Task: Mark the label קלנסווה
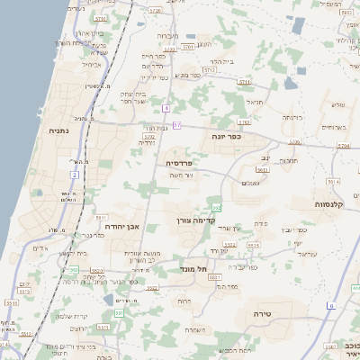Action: pyautogui.click(x=334, y=205)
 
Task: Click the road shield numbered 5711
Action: pyautogui.click(x=244, y=82)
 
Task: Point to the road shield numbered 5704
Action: pyautogui.click(x=156, y=11)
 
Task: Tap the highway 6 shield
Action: pyautogui.click(x=330, y=306)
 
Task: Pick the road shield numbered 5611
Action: pyautogui.click(x=101, y=217)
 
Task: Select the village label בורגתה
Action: pyautogui.click(x=292, y=118)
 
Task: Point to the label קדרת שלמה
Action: pyautogui.click(x=75, y=315)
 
